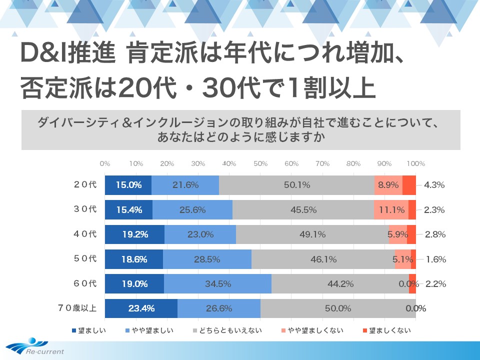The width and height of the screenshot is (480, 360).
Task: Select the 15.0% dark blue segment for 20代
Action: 128,185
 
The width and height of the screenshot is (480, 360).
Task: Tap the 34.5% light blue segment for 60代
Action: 217,284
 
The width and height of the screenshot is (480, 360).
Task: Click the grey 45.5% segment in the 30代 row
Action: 303,210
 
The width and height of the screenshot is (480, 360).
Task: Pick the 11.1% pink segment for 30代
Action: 391,210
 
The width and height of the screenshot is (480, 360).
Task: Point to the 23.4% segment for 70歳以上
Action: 141,308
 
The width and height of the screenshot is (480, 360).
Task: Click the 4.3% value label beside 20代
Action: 434,185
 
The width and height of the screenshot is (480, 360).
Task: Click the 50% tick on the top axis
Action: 260,163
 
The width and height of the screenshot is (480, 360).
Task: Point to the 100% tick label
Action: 416,163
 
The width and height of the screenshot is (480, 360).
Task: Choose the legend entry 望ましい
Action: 89,330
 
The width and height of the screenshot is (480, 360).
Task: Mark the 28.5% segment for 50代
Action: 207,259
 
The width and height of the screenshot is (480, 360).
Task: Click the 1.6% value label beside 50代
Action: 435,259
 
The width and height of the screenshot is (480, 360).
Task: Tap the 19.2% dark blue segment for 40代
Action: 134,234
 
